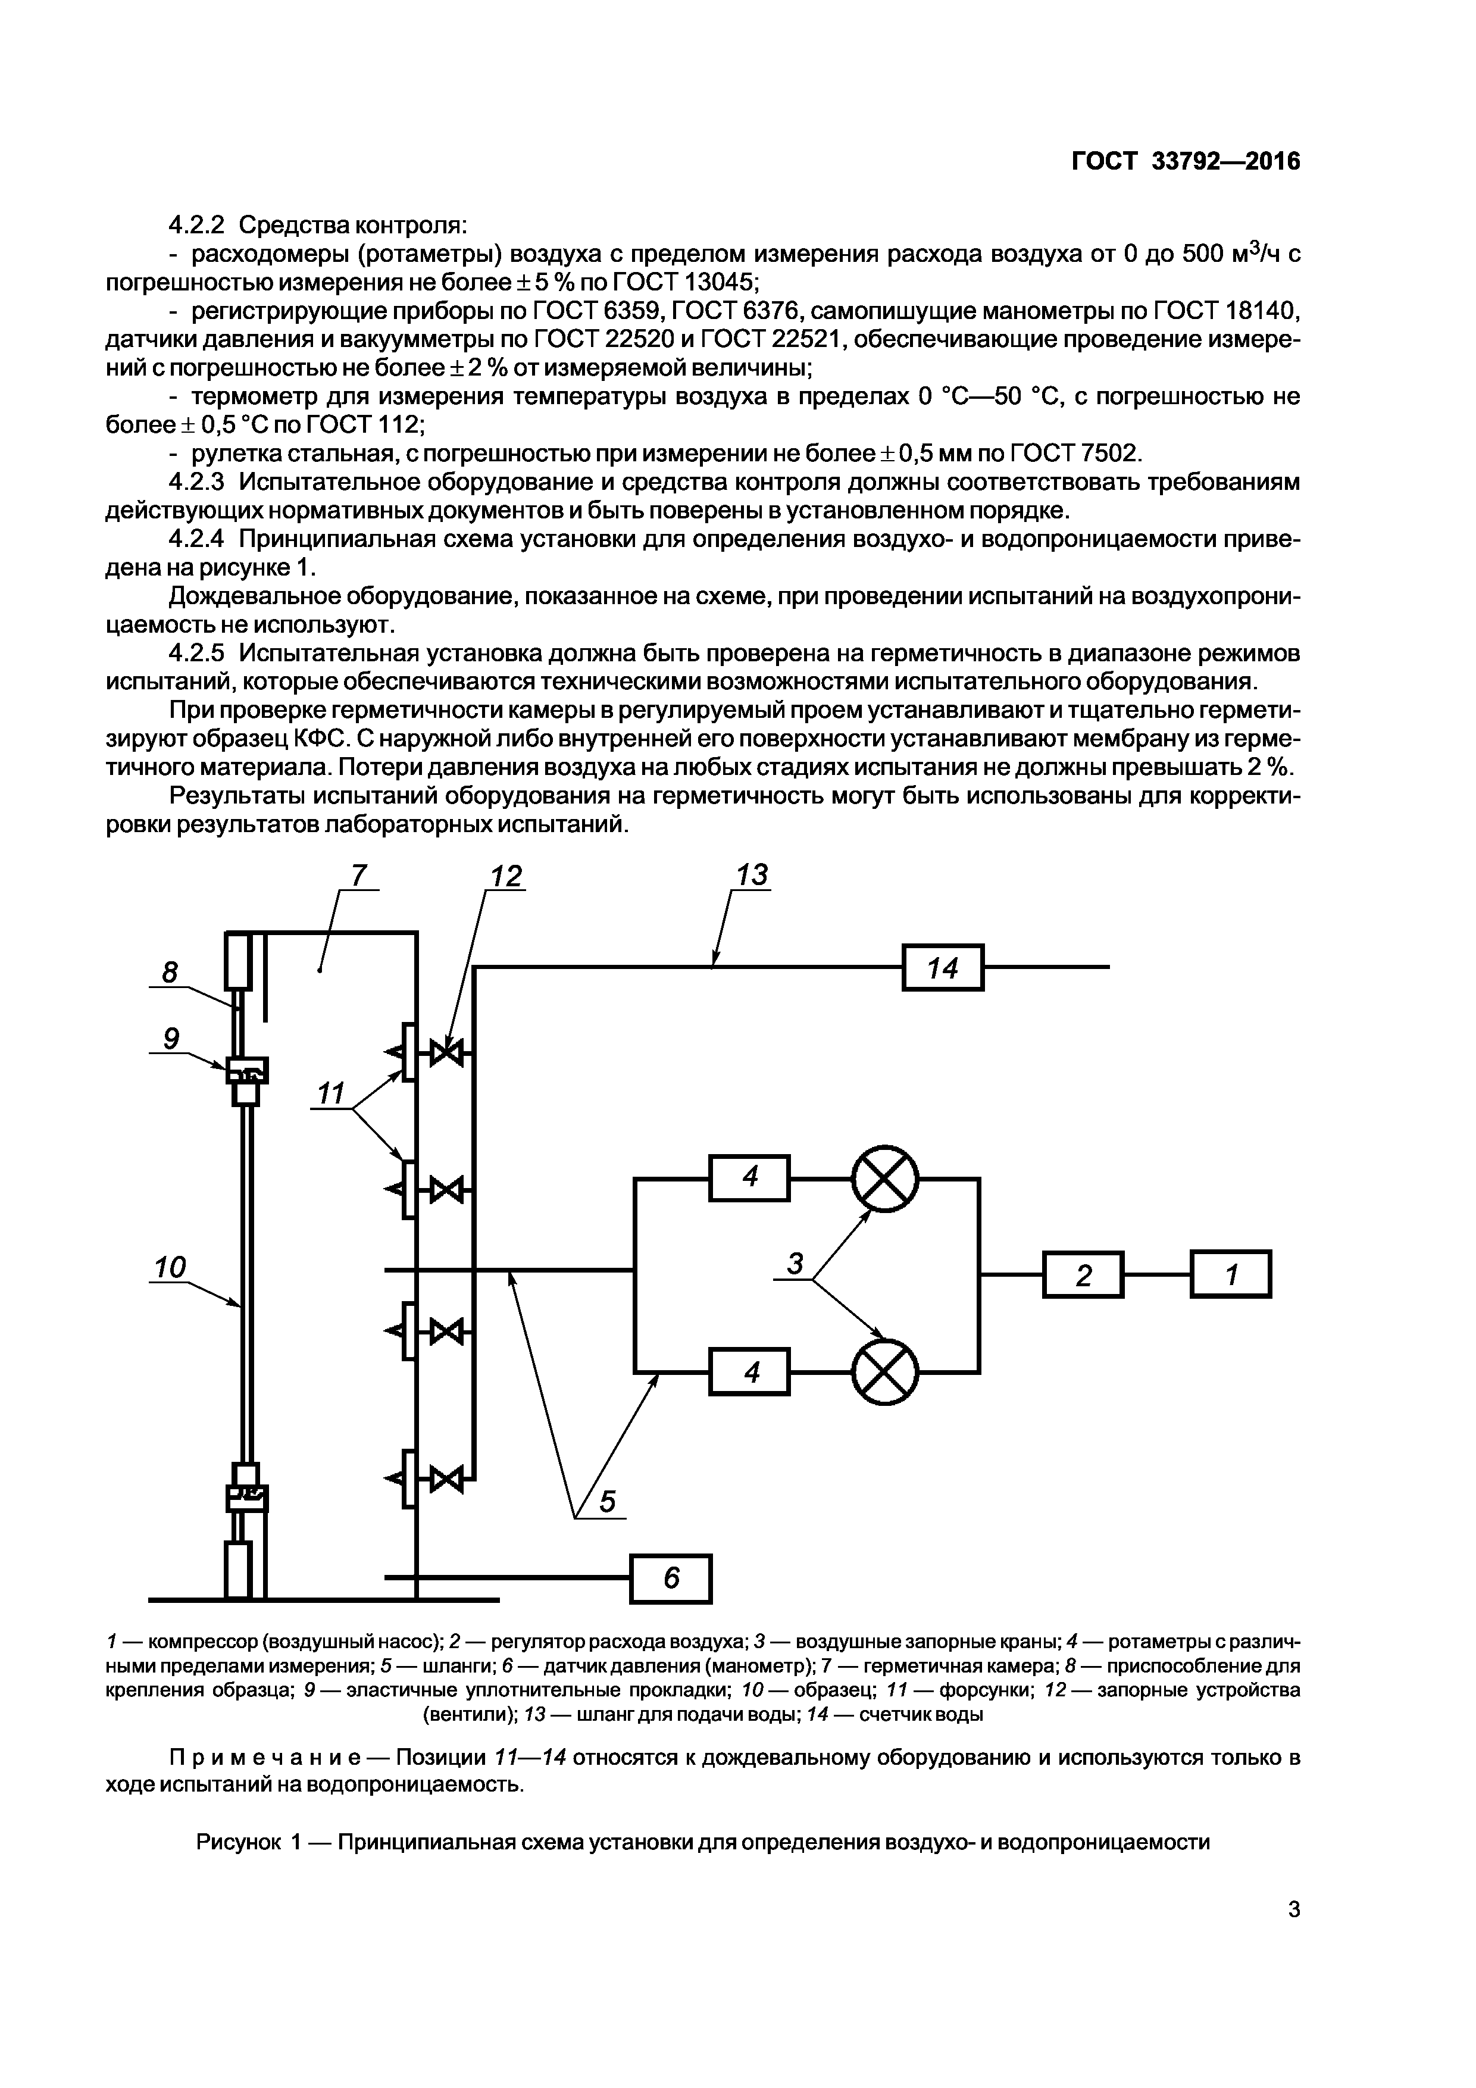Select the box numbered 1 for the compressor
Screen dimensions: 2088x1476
[x=1230, y=1274]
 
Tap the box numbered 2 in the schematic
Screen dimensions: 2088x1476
[x=1083, y=1275]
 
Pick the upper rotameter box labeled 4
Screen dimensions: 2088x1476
[x=749, y=1178]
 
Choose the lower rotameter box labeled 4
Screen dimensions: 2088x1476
[x=749, y=1371]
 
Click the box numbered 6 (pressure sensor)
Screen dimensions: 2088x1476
[x=671, y=1578]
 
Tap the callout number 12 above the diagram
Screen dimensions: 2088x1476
[x=506, y=876]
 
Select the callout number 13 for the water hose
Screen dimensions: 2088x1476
[x=751, y=875]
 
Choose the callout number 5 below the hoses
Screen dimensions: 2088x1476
[x=606, y=1502]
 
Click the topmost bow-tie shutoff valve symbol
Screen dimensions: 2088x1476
[x=446, y=1054]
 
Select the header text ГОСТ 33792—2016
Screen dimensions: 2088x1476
[x=1186, y=161]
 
